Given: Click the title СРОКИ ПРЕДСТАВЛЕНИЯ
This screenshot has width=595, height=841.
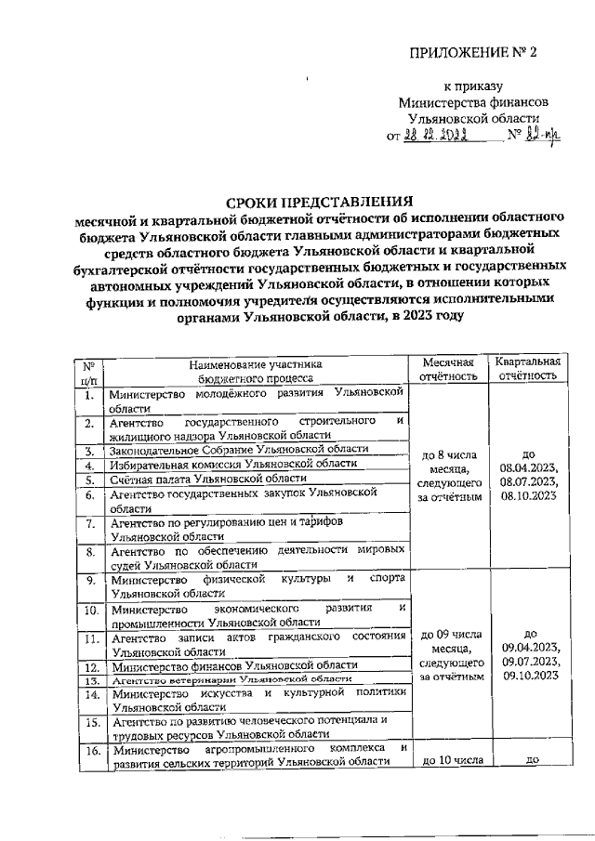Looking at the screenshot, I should (321, 200).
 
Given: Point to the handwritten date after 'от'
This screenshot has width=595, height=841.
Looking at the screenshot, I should (433, 136).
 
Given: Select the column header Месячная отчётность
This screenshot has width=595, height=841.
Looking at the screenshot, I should (449, 369).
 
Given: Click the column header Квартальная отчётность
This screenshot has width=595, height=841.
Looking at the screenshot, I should (527, 369).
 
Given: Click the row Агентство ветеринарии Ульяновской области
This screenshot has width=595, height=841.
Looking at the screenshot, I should (220, 680).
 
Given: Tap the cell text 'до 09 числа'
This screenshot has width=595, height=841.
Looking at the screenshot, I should (449, 635).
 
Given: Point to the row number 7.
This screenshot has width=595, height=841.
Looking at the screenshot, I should (91, 528).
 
